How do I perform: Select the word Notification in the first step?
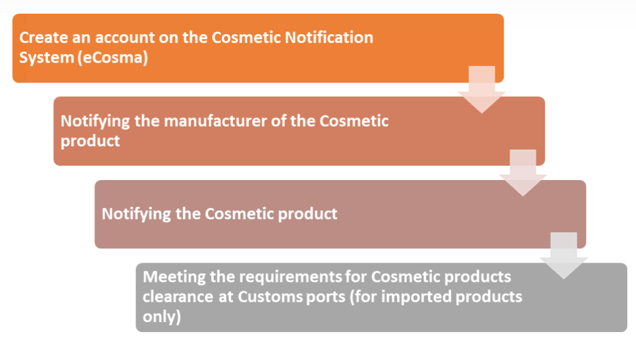329,38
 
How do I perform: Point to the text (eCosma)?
112,58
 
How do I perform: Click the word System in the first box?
46,58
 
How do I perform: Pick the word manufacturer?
215,121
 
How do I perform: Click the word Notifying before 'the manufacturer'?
95,122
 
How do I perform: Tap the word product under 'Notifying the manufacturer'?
90,142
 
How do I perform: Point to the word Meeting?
175,277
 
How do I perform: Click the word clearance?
178,297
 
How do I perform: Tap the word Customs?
270,297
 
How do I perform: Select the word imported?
416,297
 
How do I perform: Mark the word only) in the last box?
161,317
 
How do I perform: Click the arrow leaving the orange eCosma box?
482,89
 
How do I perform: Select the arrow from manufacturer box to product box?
523,173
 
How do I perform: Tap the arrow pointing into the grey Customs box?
564,256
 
